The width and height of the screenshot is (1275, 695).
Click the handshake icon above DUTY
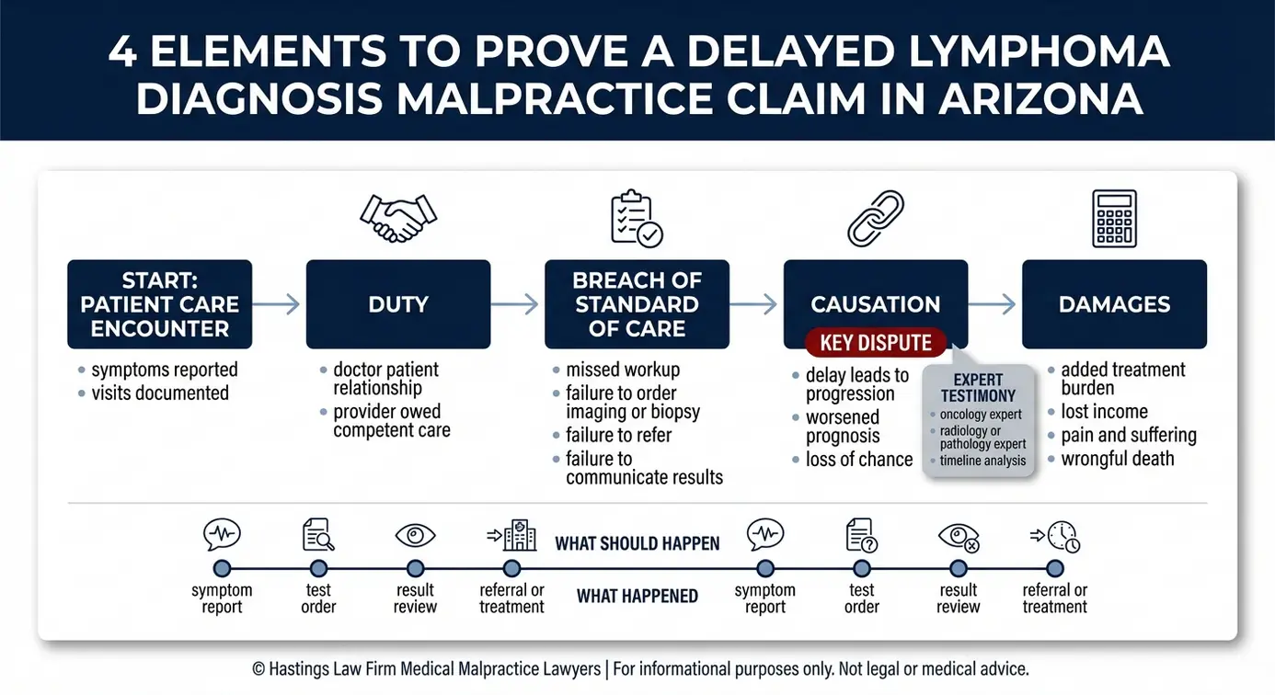pos(398,219)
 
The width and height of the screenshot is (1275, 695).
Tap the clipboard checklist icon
pos(637,219)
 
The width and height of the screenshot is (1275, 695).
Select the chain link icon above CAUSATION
pos(876,219)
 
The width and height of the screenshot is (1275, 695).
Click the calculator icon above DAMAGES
pos(1114,219)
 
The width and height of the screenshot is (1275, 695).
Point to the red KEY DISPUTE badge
pos(876,342)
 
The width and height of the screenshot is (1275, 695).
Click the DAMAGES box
pos(1114,304)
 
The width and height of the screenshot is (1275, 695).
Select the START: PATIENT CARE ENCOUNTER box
pos(159,304)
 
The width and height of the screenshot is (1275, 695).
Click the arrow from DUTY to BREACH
pos(514,304)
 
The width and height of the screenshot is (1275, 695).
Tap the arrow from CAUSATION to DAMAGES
pos(992,304)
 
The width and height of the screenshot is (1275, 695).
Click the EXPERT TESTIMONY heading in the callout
pos(978,387)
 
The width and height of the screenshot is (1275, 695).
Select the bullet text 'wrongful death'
pos(1118,459)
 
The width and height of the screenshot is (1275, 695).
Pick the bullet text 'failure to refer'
pos(619,435)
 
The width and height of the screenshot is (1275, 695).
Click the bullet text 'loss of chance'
pos(859,459)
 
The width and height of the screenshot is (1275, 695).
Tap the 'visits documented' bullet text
pos(160,393)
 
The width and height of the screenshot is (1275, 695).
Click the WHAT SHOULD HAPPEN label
pos(637,543)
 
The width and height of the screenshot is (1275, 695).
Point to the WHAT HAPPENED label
pos(637,596)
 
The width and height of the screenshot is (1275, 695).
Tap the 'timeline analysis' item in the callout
pos(982,460)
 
